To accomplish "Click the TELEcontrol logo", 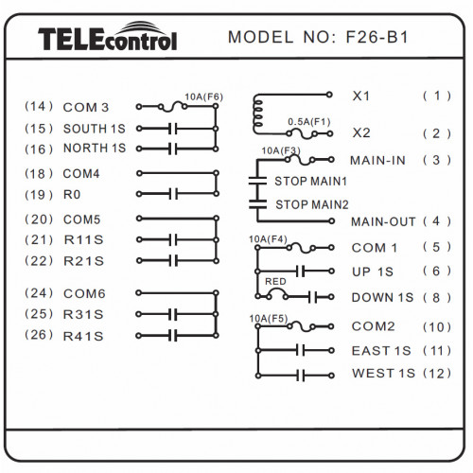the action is coord(107,36).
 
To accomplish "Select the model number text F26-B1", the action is coord(377,37).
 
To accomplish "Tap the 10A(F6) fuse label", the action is coord(203,96).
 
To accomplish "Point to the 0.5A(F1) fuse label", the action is coord(309,122).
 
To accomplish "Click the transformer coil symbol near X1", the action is coord(257,114).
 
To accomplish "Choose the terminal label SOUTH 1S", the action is coord(95,129).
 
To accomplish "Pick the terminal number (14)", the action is coord(39,107).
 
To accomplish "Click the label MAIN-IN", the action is coord(377,161).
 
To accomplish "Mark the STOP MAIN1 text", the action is coord(310,182).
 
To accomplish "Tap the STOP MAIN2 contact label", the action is coord(312,204).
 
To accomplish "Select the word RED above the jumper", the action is coord(275,281).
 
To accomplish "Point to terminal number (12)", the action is coord(437,374).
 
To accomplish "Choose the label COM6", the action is coord(84,294).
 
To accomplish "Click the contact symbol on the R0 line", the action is coord(173,194).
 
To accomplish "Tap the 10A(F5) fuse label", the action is coord(269,319).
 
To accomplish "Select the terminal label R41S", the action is coord(83,337).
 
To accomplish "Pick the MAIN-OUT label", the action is coord(383,221).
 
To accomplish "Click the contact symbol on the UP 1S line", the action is coord(301,271).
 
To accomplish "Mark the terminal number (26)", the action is coord(39,335).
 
